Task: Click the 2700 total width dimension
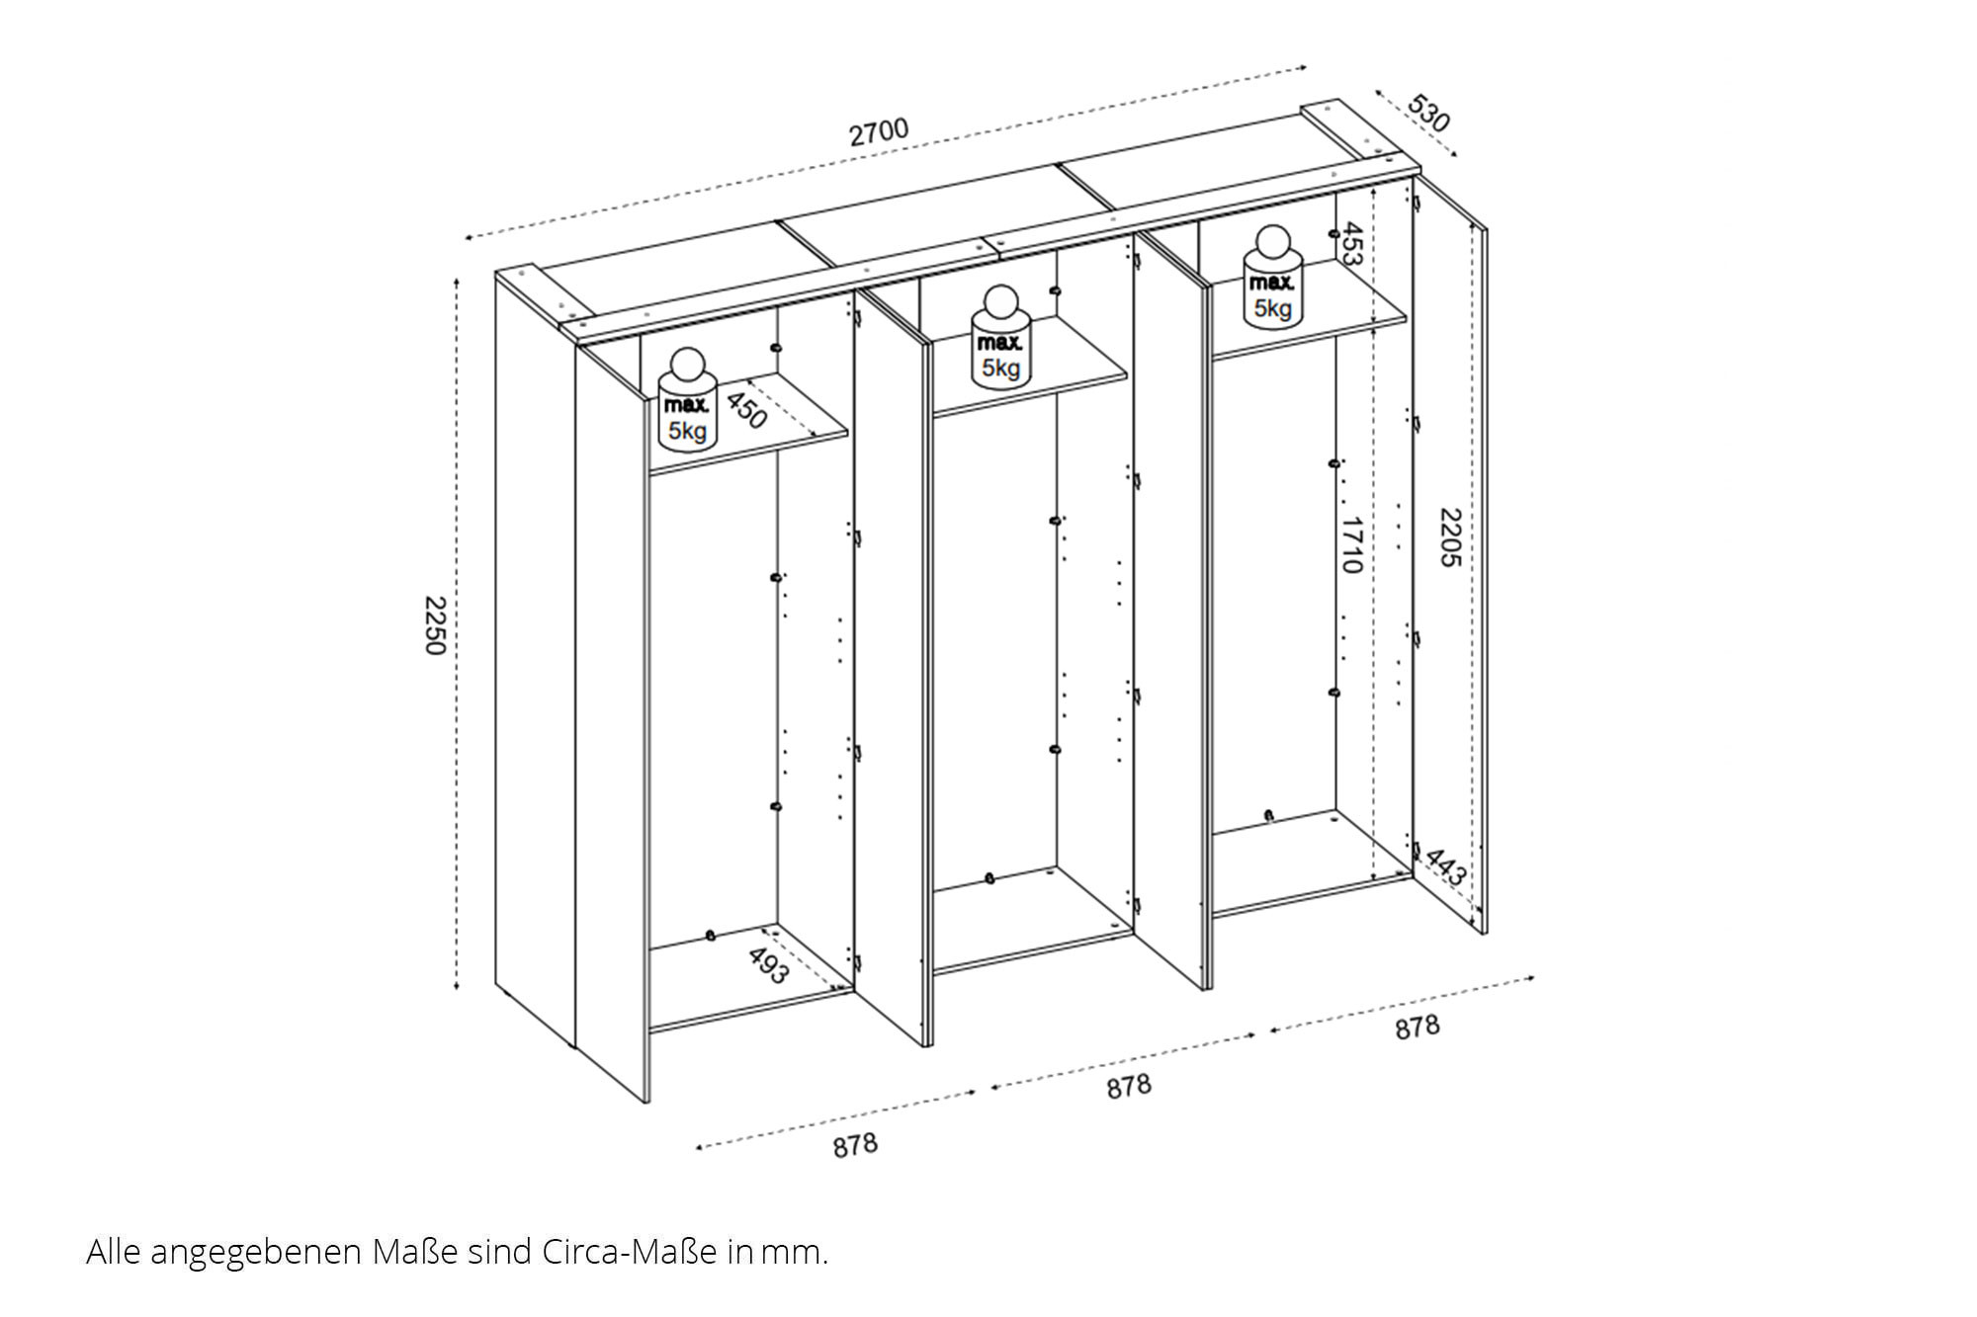879,132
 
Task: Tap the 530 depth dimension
1428,114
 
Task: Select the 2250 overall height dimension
435,625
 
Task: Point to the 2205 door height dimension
1449,537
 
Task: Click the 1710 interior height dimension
1352,544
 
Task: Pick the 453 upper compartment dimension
1352,244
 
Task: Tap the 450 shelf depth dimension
746,410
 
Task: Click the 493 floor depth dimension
768,965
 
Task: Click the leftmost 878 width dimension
855,1145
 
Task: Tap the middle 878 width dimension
1129,1087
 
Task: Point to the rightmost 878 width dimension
1418,1028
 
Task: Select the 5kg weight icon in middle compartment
1000,337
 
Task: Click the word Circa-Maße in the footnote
629,1252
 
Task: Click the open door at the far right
1449,553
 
